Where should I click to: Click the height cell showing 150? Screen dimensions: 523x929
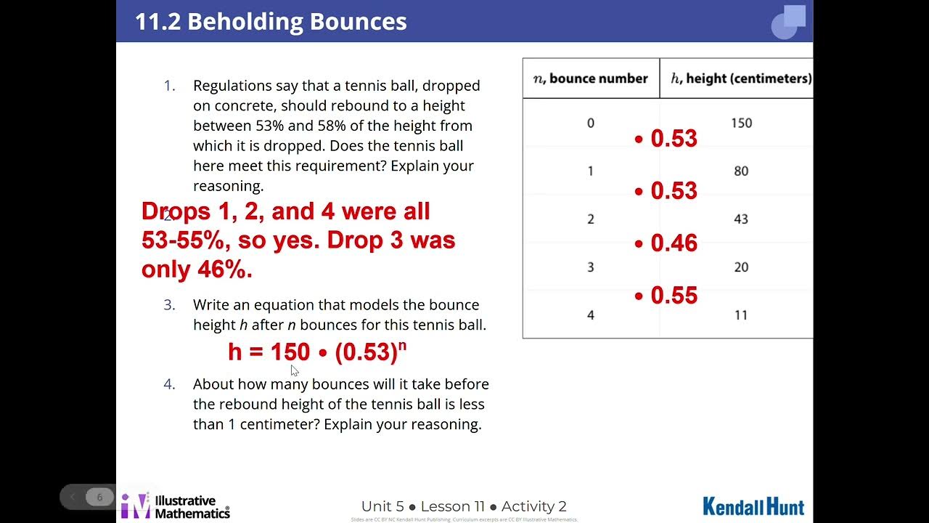coord(741,123)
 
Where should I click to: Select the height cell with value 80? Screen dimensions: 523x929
coord(741,171)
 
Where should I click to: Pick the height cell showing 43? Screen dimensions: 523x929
coord(741,219)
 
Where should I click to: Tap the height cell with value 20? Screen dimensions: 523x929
coord(741,267)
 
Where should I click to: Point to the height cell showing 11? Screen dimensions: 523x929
coord(741,315)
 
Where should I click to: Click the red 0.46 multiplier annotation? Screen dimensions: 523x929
coord(666,243)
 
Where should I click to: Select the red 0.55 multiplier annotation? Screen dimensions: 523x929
coord(666,296)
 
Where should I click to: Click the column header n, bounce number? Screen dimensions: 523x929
coord(591,78)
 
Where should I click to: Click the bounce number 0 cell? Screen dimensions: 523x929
coord(591,123)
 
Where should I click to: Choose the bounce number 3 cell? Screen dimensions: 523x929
coord(591,267)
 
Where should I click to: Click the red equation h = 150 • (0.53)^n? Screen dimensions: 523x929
coord(317,352)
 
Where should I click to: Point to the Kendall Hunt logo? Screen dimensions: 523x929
coord(753,506)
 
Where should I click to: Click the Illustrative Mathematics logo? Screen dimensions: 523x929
coord(176,506)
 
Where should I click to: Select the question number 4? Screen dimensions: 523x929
coord(169,384)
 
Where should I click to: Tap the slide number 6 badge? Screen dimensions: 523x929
coord(99,497)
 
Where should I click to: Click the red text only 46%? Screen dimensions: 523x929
coord(197,269)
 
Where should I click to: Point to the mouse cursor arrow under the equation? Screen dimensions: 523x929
coord(294,370)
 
